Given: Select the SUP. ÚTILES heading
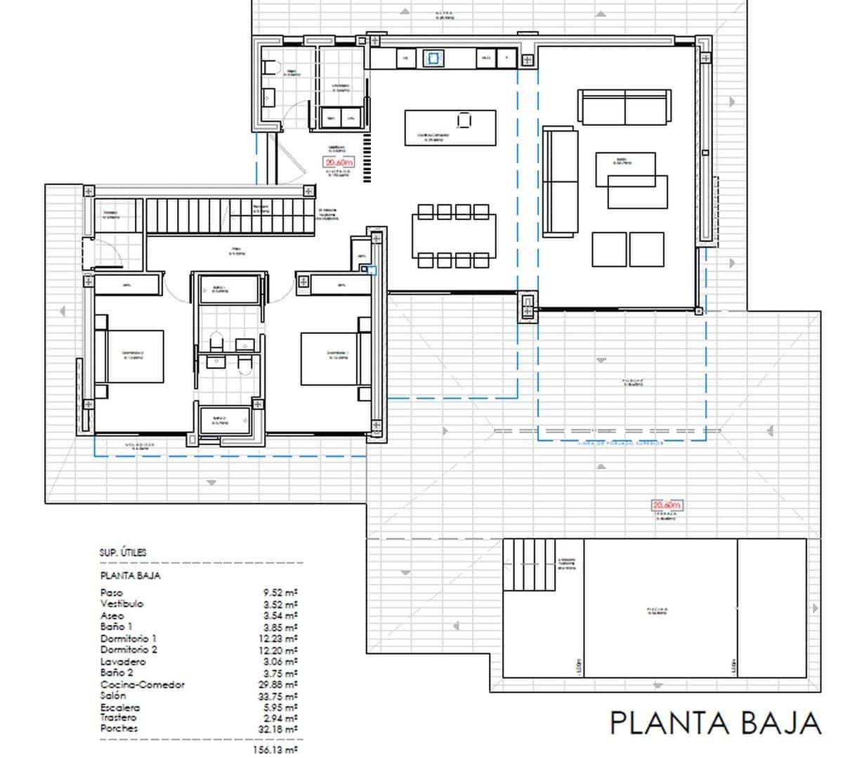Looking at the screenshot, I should coord(123,553).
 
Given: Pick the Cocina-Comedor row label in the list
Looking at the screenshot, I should coord(143,684).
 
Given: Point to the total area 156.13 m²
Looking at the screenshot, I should coord(275,750).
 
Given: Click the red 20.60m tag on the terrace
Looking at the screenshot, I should coord(666,505).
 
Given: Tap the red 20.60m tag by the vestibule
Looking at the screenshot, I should coord(339,162).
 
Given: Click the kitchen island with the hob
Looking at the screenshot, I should coord(450,127).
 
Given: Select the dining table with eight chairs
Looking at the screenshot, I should coord(453,236).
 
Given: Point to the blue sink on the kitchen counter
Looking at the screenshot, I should coord(433,58).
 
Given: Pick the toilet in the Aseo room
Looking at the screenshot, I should coord(270,68).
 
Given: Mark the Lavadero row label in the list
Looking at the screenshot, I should coord(123,662).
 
